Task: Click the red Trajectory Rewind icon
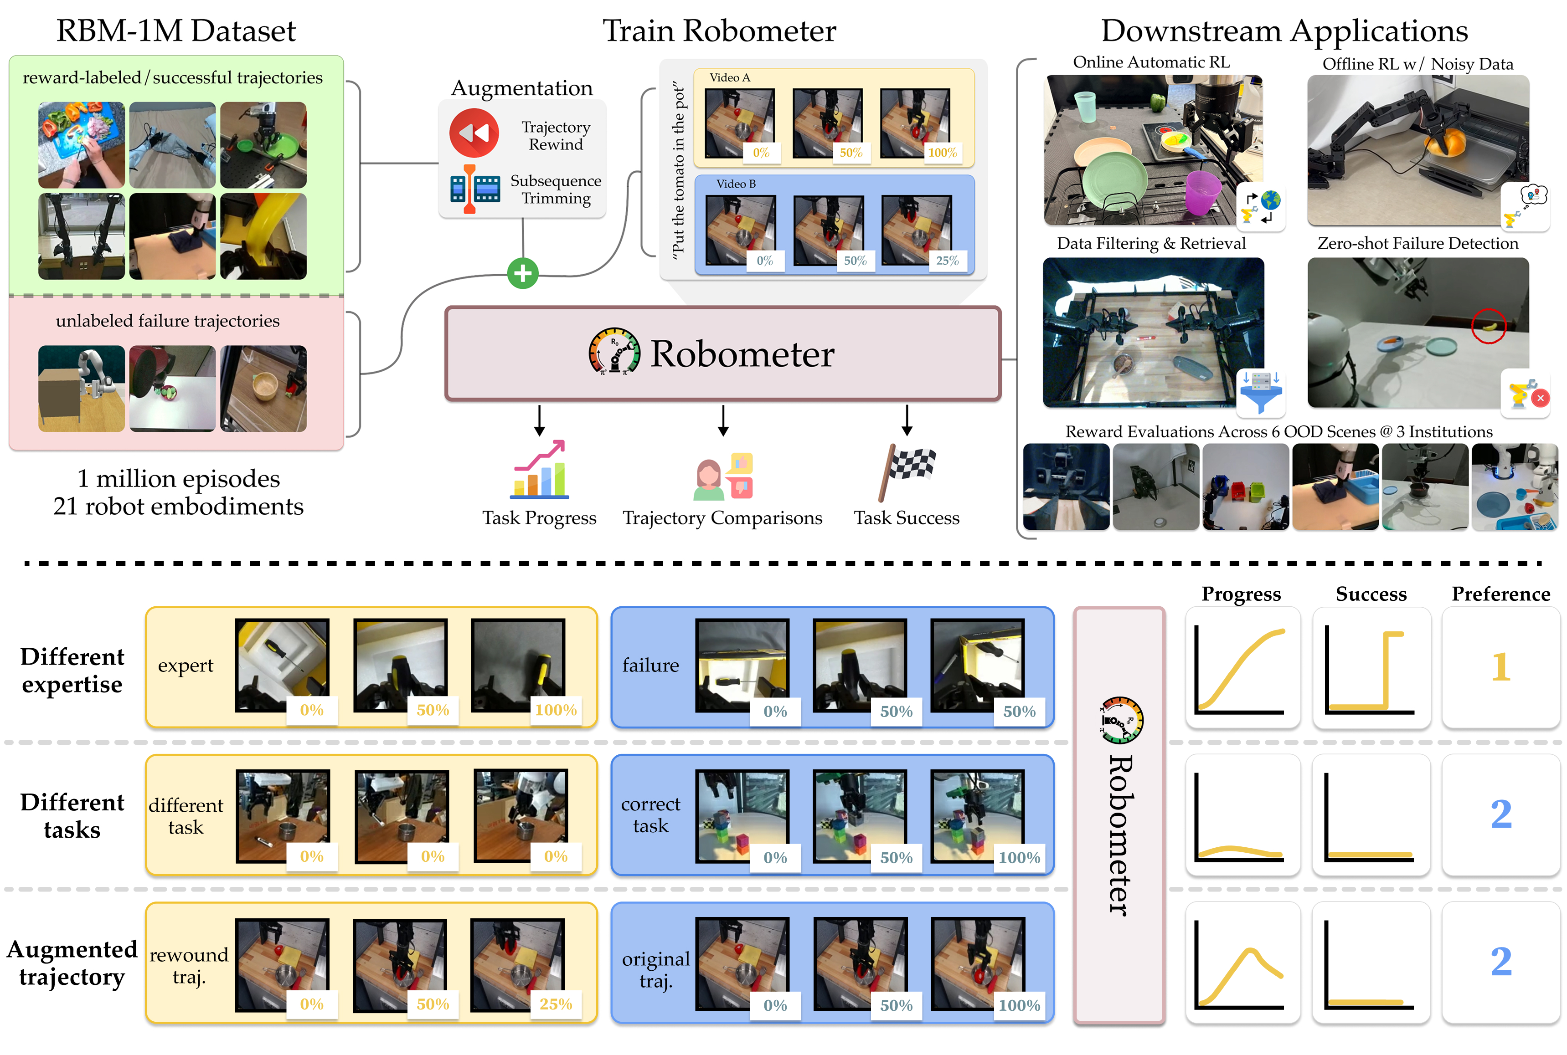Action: coord(474,133)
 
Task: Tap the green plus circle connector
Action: coord(522,273)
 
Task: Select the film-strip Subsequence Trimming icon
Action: coord(474,189)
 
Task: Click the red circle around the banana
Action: coord(1488,326)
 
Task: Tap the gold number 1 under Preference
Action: coord(1500,667)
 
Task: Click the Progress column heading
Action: coord(1241,594)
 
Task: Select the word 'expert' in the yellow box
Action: coord(185,666)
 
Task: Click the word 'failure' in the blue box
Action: coord(650,666)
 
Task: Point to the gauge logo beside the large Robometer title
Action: coord(614,351)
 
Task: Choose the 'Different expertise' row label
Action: coord(72,670)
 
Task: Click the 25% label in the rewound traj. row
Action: coord(555,1004)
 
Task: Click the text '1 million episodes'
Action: coord(178,478)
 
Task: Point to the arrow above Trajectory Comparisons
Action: coord(723,420)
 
